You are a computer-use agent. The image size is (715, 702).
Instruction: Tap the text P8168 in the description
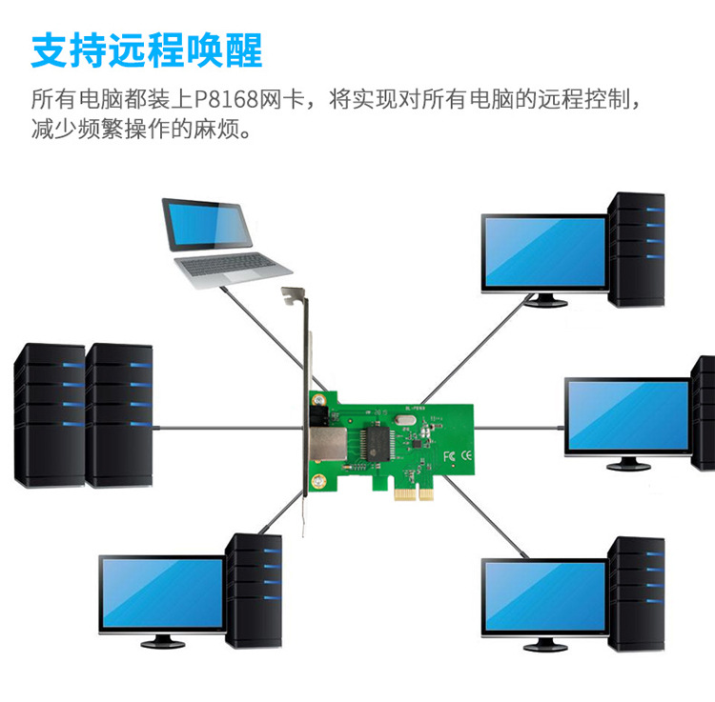(232, 99)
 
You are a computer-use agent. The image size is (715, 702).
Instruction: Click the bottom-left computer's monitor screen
(161, 592)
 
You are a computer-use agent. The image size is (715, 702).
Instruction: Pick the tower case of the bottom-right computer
(636, 592)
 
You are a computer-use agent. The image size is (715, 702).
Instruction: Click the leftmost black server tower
(50, 414)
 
